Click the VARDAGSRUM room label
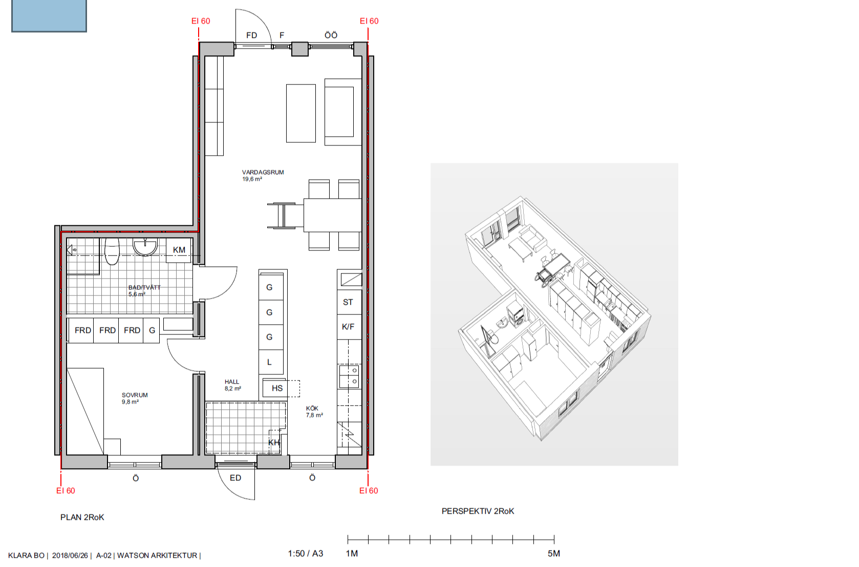pos(263,172)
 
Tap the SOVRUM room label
pos(135,395)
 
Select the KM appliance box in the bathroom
pos(178,250)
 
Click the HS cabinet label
pos(277,388)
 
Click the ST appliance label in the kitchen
pos(348,302)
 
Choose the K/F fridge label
pos(348,327)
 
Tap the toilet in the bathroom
pos(112,251)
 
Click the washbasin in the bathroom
pos(145,247)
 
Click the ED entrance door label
pos(235,477)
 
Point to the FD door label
pos(251,35)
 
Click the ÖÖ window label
pos(331,35)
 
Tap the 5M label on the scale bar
pos(554,553)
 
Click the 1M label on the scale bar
pos(352,553)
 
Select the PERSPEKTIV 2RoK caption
pos(478,511)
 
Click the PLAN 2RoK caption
pos(82,517)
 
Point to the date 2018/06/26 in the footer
pos(70,556)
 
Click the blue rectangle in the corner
pos(49,15)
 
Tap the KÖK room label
pos(312,408)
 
